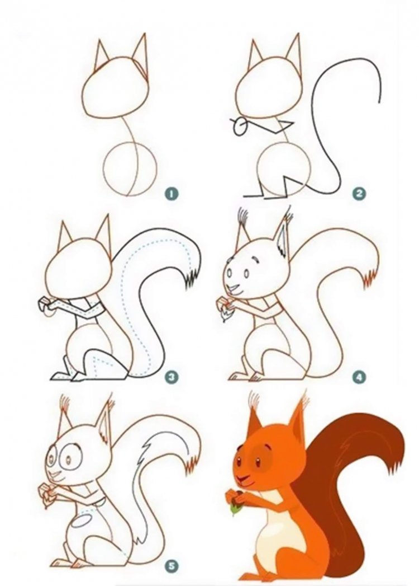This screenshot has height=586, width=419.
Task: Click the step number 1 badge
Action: (x=172, y=194)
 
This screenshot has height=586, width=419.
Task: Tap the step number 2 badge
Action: (x=359, y=194)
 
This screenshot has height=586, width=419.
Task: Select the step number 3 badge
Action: (x=172, y=377)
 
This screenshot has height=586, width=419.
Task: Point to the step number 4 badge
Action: (x=359, y=377)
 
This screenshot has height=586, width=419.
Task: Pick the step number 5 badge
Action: (x=172, y=566)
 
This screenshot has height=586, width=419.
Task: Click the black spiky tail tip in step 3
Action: (x=193, y=276)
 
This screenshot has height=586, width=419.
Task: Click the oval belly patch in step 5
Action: (x=82, y=521)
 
